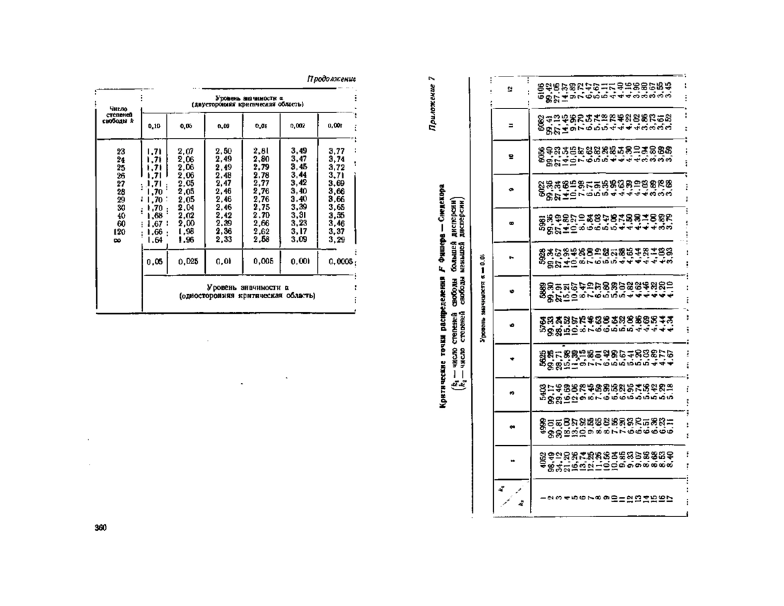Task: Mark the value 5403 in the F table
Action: (x=540, y=388)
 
